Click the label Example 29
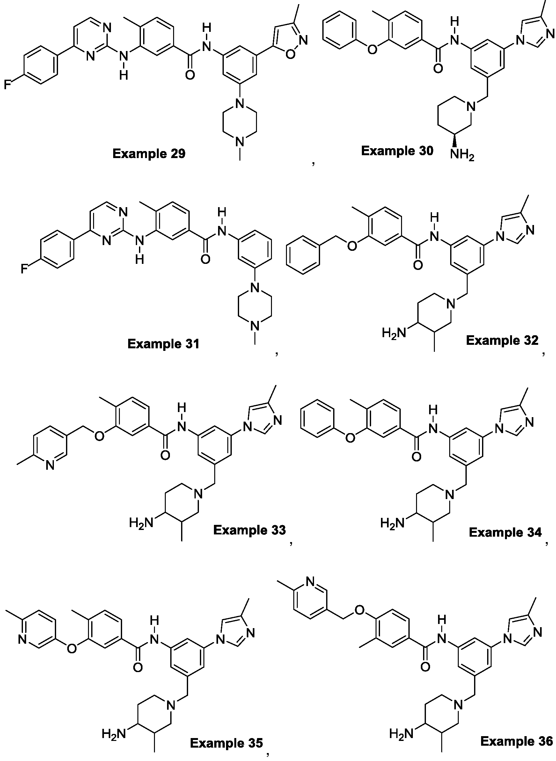pos(149,154)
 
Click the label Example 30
pos(397,151)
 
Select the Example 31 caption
pos(164,344)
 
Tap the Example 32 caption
pos(502,340)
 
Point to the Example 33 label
pos(249,530)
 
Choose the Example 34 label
pos(505,532)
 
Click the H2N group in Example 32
pos(394,333)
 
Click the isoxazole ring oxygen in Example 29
pos(290,54)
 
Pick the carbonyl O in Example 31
pos(205,259)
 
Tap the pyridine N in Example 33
pos(50,466)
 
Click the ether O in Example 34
pos(350,438)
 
